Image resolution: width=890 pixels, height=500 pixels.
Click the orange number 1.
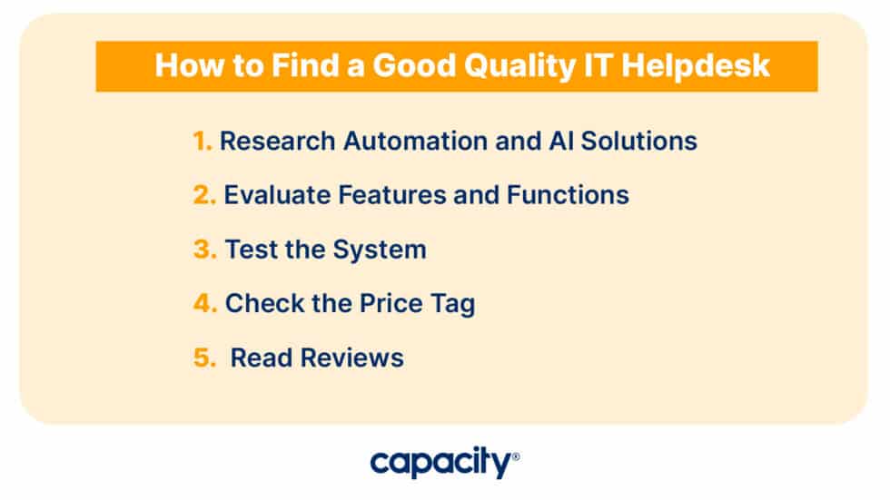point(202,142)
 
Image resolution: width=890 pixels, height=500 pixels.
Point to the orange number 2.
point(204,195)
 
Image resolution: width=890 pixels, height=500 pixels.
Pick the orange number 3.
point(204,250)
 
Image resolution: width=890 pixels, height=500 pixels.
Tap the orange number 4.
point(204,304)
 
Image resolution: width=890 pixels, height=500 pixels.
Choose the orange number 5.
point(204,358)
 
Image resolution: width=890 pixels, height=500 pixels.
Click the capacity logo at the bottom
point(440,463)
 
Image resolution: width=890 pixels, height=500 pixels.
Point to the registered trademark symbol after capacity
point(516,456)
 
